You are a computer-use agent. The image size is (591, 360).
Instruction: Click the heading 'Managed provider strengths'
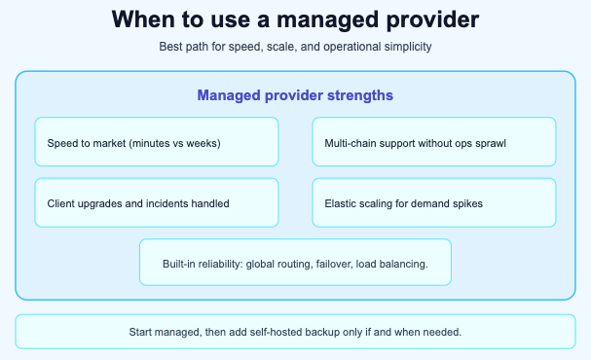295,95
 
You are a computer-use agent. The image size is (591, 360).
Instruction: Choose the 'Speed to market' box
157,142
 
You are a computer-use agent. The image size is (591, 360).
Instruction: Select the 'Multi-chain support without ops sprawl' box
433,142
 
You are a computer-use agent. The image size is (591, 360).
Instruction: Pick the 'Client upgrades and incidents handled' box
157,203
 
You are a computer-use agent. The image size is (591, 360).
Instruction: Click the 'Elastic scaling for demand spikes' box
433,203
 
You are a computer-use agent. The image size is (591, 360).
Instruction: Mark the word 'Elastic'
341,204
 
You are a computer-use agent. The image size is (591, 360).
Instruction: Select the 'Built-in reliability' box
295,263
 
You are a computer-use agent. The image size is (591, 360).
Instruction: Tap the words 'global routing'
283,264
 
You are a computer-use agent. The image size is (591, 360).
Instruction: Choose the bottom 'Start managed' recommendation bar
295,332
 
